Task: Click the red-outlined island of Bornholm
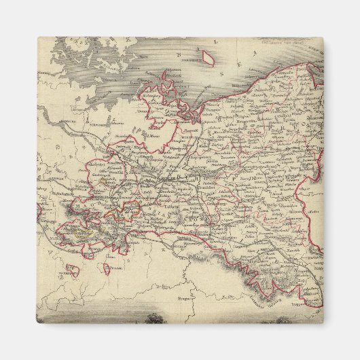tap(210, 62)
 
